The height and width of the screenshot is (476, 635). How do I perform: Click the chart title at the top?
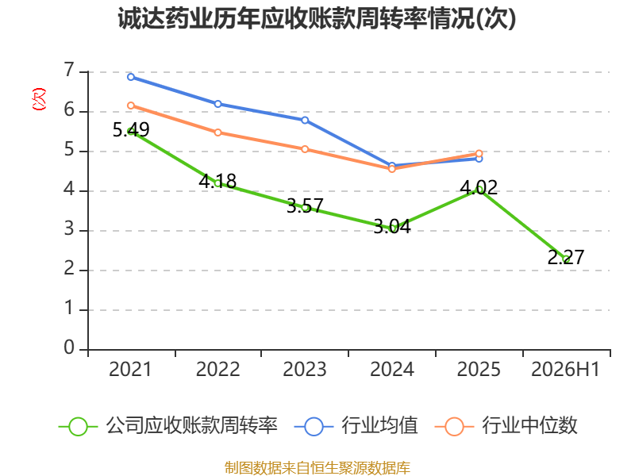tap(317, 18)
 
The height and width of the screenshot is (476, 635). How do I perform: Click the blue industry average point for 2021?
tap(131, 77)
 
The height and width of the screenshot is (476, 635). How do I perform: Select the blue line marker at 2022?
tap(217, 104)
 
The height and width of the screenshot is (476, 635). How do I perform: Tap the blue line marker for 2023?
tap(305, 121)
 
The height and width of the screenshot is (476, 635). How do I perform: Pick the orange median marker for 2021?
tap(131, 106)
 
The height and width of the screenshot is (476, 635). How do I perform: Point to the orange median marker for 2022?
tap(217, 132)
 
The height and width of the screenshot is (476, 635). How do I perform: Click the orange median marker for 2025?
tap(479, 154)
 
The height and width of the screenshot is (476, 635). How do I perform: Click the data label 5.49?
tap(131, 129)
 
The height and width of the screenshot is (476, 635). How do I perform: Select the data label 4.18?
tap(217, 181)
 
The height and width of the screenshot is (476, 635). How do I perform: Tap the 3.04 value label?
tap(392, 226)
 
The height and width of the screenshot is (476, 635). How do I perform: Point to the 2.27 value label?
tap(566, 257)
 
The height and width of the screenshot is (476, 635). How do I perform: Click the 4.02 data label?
tap(479, 187)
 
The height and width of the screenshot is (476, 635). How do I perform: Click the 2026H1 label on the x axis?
tap(565, 369)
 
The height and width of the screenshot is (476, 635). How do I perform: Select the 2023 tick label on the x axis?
tap(305, 369)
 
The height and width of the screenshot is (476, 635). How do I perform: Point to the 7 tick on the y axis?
tap(69, 71)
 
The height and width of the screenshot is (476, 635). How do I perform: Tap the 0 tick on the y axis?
tap(69, 348)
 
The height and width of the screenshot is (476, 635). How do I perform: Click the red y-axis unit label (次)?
tap(39, 99)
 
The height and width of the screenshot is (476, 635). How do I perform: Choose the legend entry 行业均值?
tap(356, 426)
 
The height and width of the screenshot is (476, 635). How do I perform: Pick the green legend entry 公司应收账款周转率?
tap(168, 426)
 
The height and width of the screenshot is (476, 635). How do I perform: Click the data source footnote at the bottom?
tap(317, 468)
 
